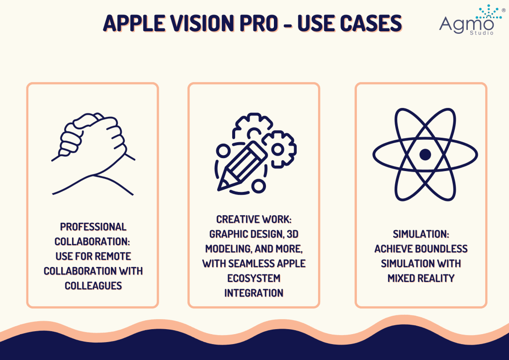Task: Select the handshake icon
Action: (93, 154)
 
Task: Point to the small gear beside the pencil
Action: (279, 149)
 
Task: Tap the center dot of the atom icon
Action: (425, 155)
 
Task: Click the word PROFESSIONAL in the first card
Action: (93, 227)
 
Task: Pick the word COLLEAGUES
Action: (93, 285)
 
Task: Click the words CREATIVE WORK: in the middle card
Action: (254, 219)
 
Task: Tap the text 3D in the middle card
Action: (292, 234)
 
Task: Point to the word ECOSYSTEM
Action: (254, 278)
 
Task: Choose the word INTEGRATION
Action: (254, 293)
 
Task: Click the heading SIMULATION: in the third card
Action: (421, 234)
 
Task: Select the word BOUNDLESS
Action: (444, 249)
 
